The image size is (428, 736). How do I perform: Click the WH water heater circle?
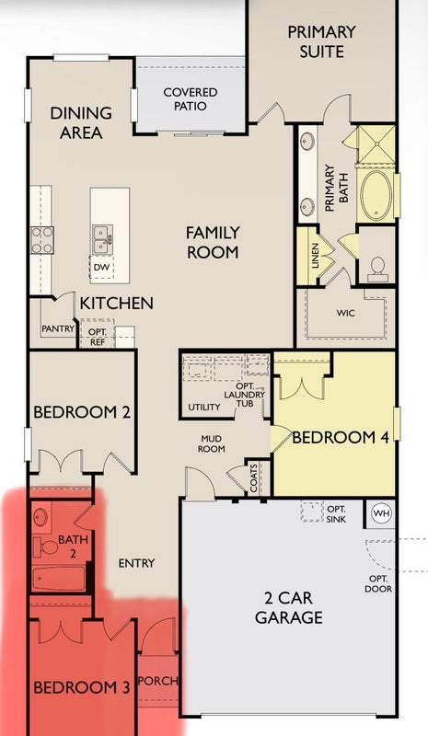380,513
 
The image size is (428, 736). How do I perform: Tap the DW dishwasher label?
101,267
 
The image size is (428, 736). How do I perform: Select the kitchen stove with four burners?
41,240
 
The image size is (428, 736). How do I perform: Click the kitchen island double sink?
102,239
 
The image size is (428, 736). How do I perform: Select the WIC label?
345,313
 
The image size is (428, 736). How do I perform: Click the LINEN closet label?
315,256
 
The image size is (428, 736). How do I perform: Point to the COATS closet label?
254,478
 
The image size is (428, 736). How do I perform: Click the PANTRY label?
58,328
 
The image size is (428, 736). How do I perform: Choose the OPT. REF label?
98,337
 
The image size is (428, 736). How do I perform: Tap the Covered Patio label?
191,99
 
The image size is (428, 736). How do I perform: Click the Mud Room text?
212,444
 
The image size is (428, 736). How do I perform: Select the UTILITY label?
204,407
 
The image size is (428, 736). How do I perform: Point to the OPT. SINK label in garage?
336,514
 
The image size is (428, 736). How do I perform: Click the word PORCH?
159,681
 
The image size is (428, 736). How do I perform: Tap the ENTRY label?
137,563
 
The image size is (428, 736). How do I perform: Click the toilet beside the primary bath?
377,269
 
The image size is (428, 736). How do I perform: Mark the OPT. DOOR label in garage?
378,583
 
